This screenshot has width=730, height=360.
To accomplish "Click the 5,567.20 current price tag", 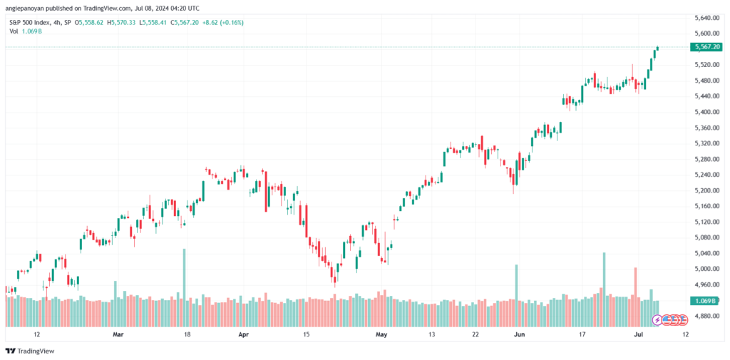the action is pyautogui.click(x=707, y=47).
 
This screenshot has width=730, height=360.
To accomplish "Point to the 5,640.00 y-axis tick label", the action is pyautogui.click(x=706, y=18).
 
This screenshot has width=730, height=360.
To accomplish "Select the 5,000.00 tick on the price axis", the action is pyautogui.click(x=706, y=269).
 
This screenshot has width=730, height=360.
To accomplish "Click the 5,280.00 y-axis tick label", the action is pyautogui.click(x=706, y=159).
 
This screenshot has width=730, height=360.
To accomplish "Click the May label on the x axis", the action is pyautogui.click(x=381, y=334).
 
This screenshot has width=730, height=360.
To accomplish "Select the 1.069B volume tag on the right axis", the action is pyautogui.click(x=706, y=301).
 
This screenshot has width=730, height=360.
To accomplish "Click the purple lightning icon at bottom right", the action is pyautogui.click(x=657, y=320).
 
